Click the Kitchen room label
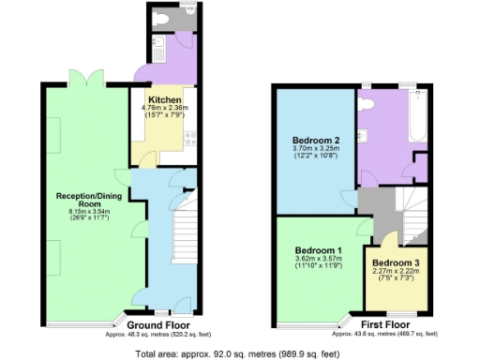[163, 98]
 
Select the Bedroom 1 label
[318, 251]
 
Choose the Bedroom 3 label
[397, 262]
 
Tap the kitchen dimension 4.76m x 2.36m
[164, 108]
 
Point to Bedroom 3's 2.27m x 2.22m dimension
[397, 272]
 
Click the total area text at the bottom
[236, 354]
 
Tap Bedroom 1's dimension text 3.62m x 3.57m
[318, 262]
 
